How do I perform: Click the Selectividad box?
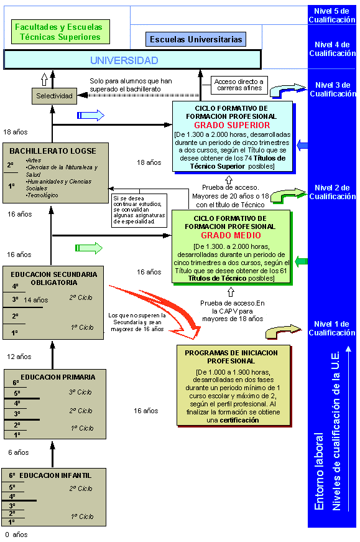tap(54, 96)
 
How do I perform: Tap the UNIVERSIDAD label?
tap(124, 60)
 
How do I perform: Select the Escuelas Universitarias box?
tap(196, 39)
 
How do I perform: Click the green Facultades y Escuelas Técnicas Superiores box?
tap(60, 32)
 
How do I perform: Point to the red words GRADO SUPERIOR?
tap(232, 125)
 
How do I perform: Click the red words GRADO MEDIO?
tap(231, 235)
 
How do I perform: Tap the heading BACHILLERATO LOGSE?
tap(53, 151)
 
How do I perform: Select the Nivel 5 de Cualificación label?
tap(331, 16)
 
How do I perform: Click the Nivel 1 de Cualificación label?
tap(331, 329)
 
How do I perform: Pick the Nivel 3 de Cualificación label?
tap(333, 89)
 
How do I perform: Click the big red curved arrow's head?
tap(191, 331)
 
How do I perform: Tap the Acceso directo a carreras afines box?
tap(239, 85)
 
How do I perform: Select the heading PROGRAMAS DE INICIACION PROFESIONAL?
tap(231, 357)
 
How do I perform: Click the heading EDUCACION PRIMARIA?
tap(58, 377)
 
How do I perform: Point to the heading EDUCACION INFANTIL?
tap(55, 475)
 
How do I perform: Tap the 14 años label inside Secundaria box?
tap(36, 300)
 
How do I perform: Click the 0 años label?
tap(16, 535)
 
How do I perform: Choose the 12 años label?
tap(19, 357)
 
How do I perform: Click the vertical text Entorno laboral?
tap(319, 471)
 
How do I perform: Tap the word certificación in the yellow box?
tap(239, 420)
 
